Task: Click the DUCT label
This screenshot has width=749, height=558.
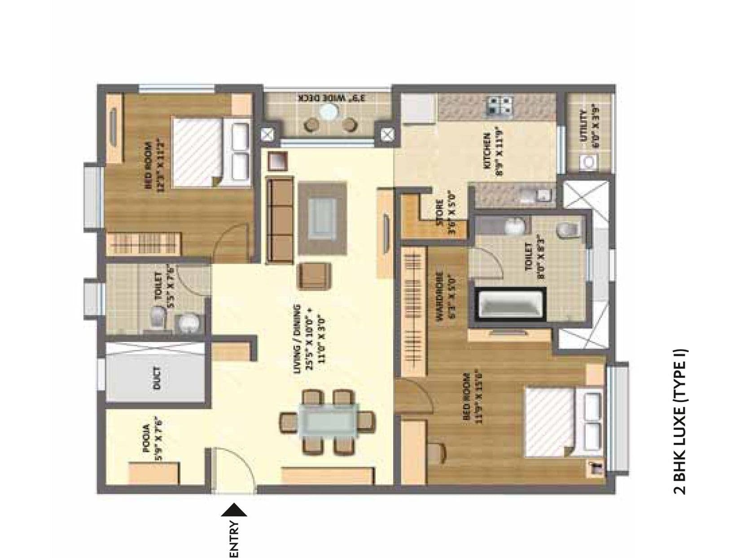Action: point(156,378)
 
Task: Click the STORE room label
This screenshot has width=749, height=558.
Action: point(443,217)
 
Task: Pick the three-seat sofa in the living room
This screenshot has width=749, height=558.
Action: point(280,220)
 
